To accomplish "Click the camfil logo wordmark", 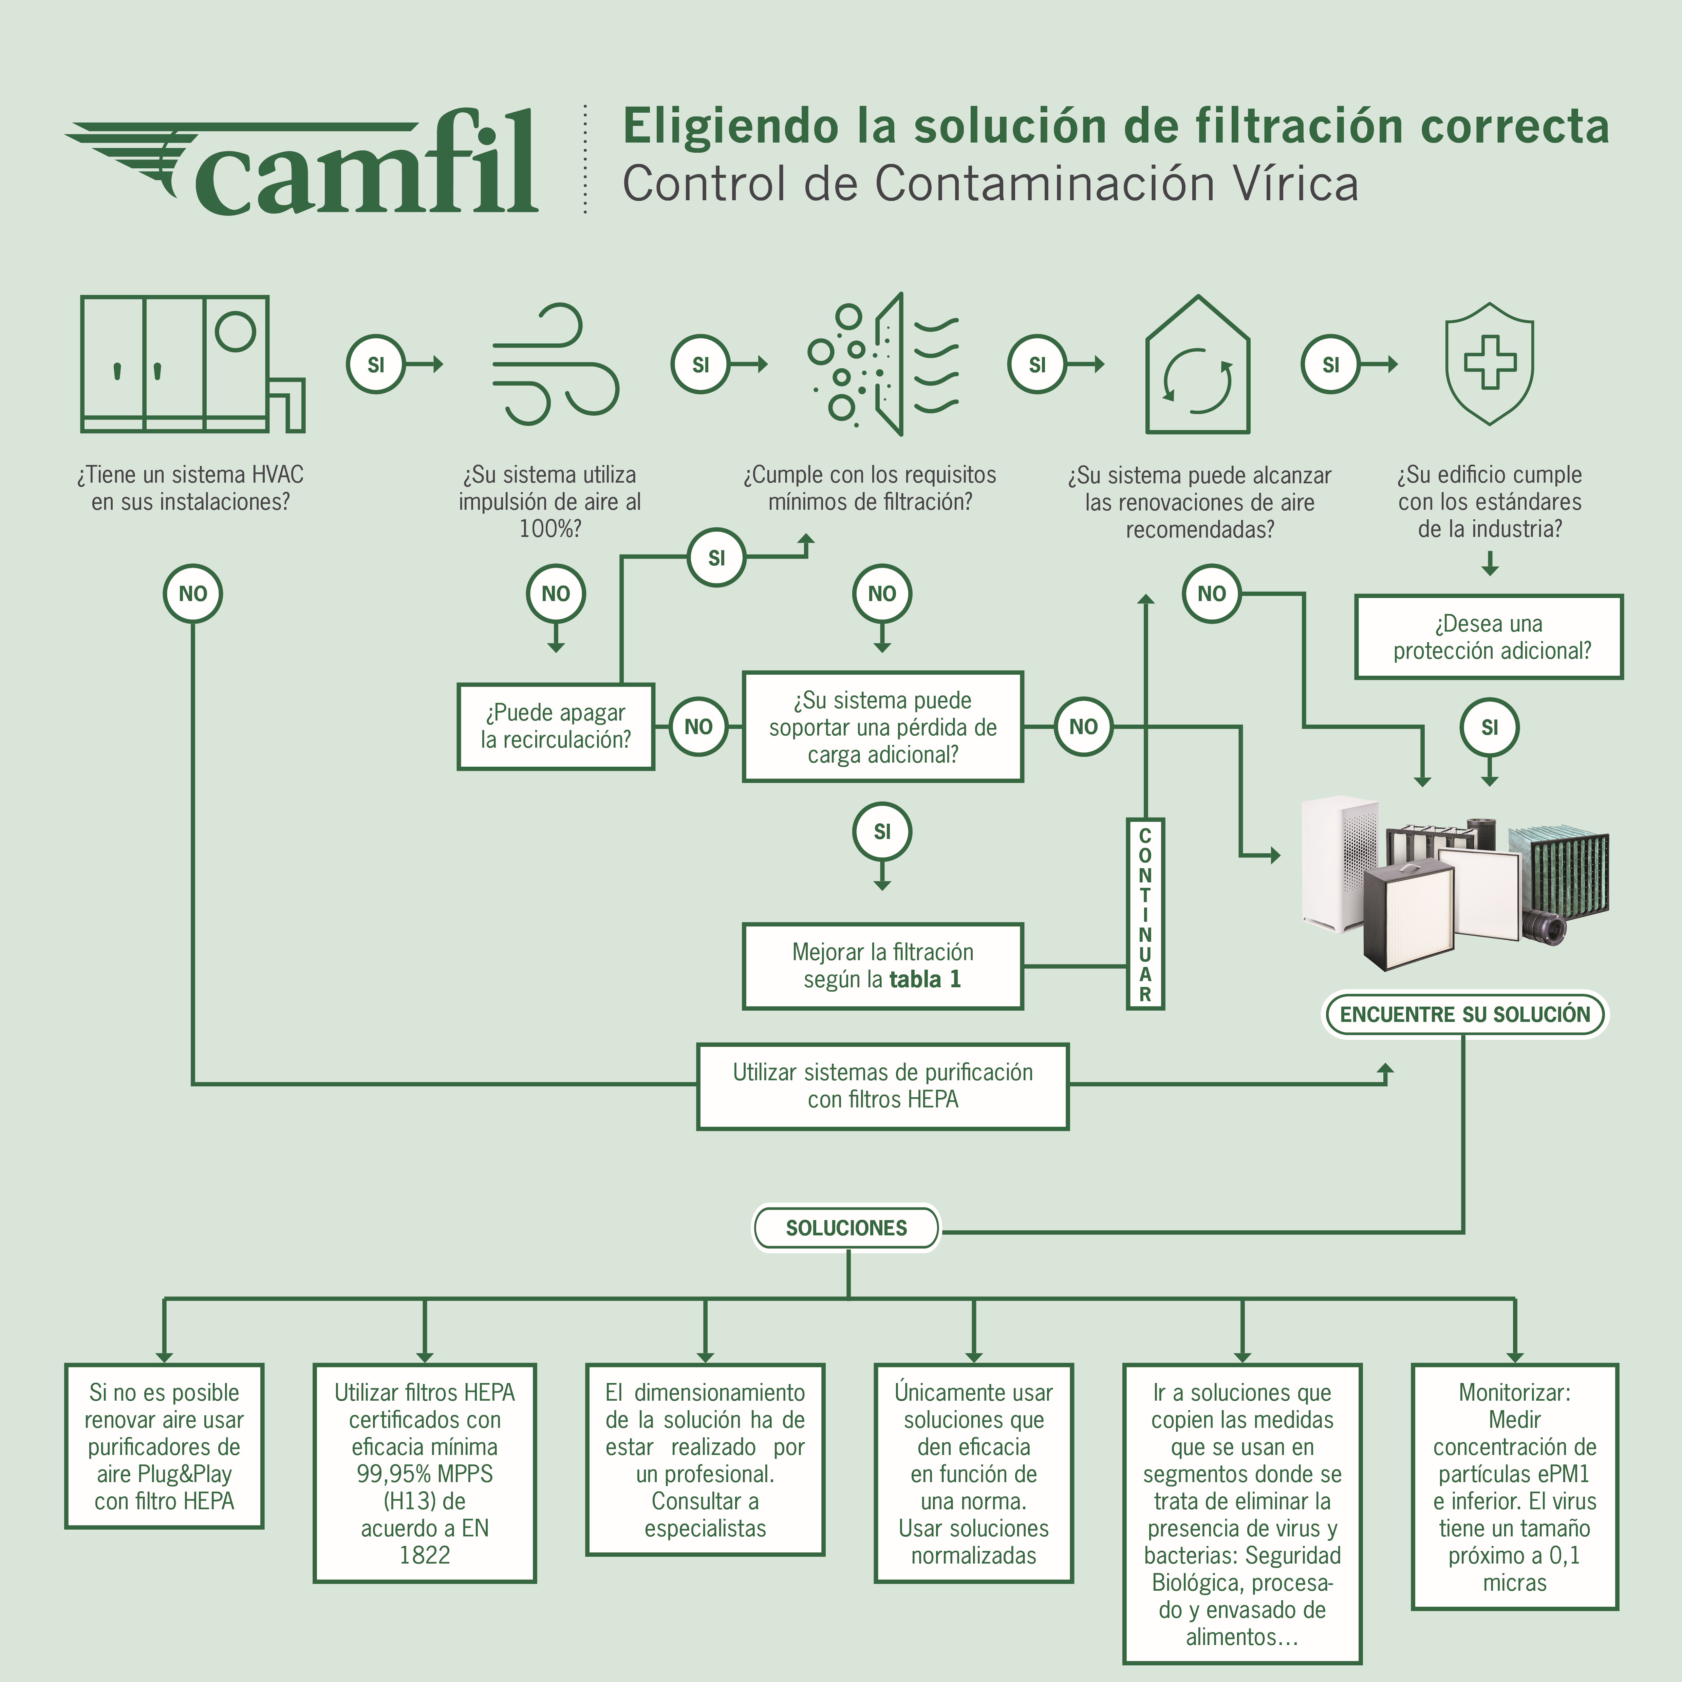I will (x=366, y=165).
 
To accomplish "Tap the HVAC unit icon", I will (x=191, y=364).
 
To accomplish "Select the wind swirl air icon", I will (x=555, y=364).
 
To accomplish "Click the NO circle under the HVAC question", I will (x=192, y=594).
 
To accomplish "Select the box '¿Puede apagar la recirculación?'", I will (x=556, y=726).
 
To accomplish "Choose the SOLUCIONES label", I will (x=846, y=1228).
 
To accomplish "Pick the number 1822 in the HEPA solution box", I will (x=425, y=1555).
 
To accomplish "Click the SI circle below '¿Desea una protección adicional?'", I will (x=1490, y=727).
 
